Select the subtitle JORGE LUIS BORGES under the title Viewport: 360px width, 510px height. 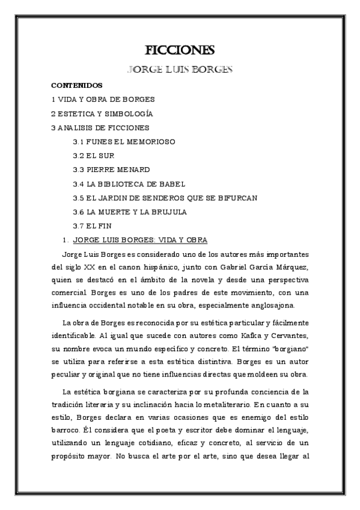[x=180, y=69]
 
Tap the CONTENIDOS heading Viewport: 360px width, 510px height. [x=77, y=85]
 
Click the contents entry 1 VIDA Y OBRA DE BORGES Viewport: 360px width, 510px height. [x=103, y=99]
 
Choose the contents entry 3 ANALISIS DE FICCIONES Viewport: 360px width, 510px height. [x=100, y=127]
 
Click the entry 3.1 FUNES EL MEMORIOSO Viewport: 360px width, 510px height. [x=124, y=142]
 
